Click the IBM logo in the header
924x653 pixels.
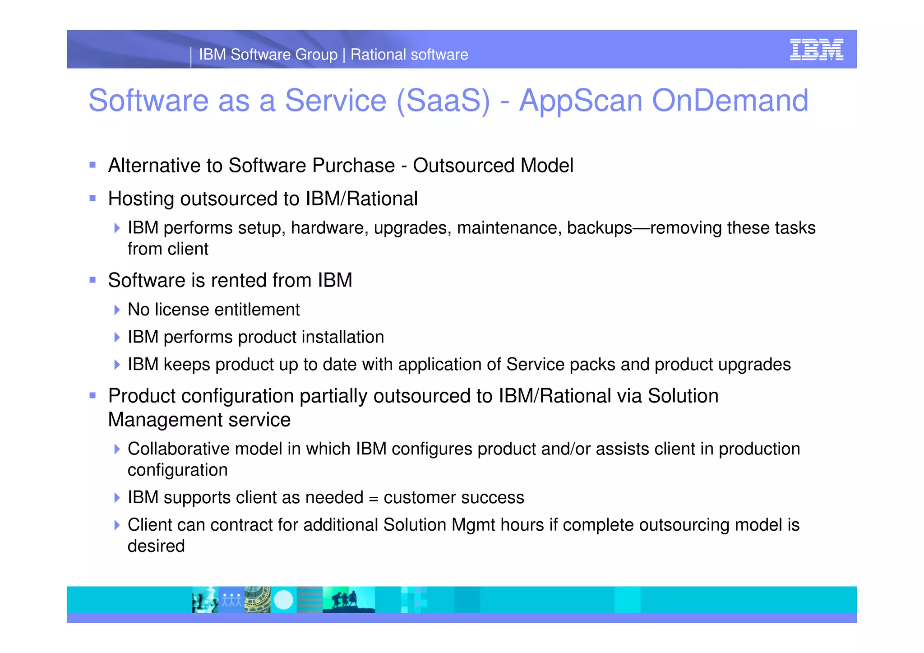(x=816, y=49)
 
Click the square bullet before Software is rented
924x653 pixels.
(x=92, y=280)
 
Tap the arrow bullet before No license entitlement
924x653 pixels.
(x=117, y=310)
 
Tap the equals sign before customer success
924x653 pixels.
(x=373, y=498)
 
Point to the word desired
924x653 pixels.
(x=156, y=546)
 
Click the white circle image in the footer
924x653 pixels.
(x=284, y=600)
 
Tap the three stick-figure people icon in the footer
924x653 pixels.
(x=231, y=600)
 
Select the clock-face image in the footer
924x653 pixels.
(x=257, y=600)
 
